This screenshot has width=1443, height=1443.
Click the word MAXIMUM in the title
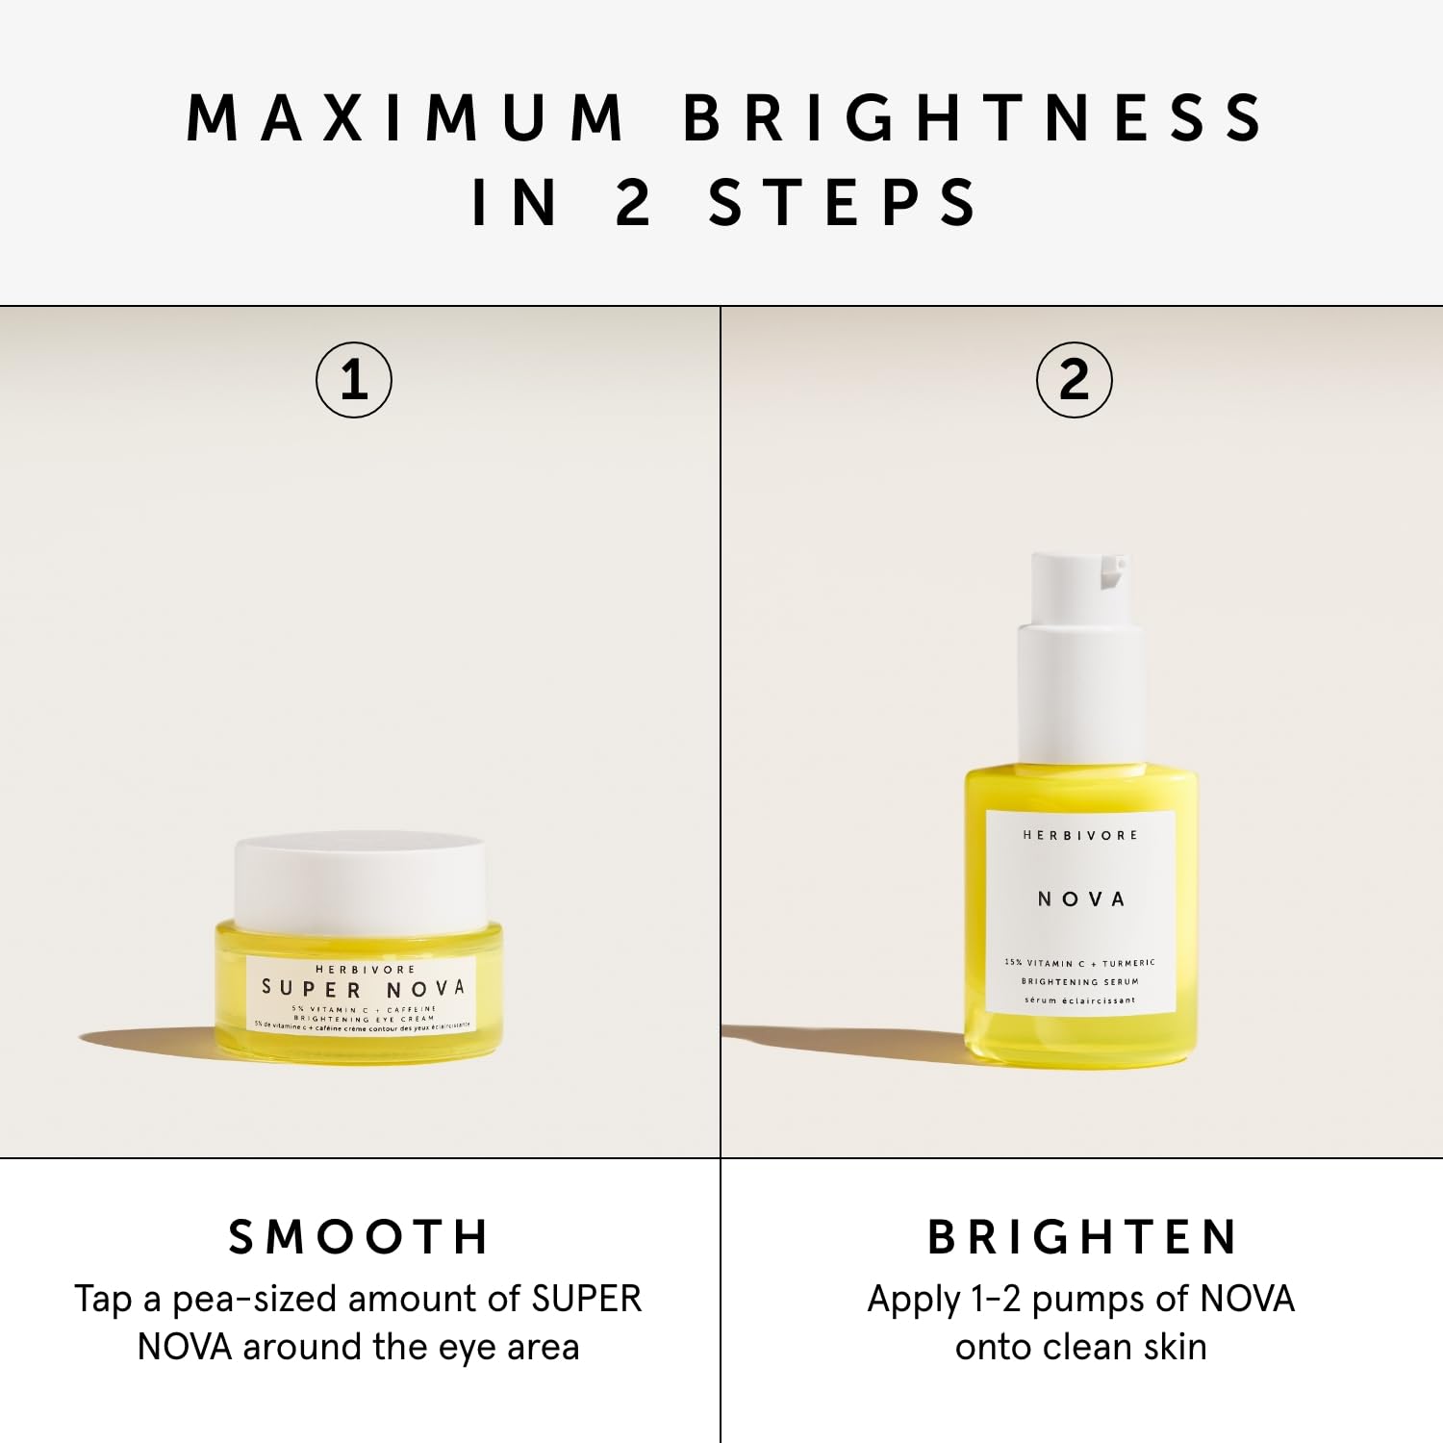(x=405, y=118)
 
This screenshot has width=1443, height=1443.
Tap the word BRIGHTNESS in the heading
(x=974, y=118)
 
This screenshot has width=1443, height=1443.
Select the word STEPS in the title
(x=843, y=203)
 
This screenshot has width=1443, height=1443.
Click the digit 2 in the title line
(x=633, y=203)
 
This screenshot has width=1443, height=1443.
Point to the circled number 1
(x=354, y=380)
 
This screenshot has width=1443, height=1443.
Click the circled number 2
(x=1074, y=380)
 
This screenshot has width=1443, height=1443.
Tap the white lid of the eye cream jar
(x=360, y=880)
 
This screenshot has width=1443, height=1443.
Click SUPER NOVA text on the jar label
(x=364, y=988)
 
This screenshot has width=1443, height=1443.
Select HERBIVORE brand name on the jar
(x=365, y=969)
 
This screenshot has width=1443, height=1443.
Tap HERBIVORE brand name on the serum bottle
(x=1080, y=835)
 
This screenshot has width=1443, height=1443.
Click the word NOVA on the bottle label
(x=1080, y=899)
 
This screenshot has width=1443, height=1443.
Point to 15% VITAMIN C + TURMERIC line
(x=1079, y=962)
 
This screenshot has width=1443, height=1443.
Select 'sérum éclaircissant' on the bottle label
(x=1079, y=1000)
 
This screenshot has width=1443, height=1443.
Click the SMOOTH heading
(x=359, y=1237)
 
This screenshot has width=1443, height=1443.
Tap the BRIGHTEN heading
(x=1082, y=1237)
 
